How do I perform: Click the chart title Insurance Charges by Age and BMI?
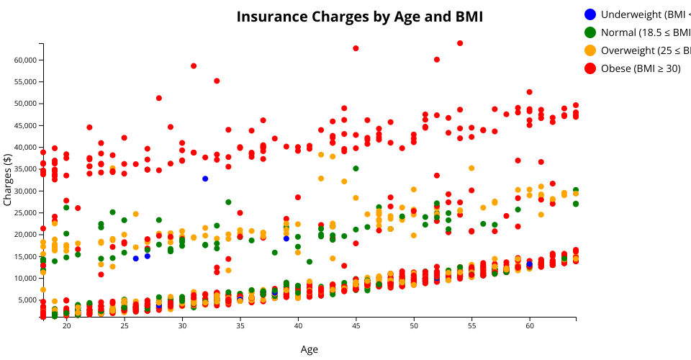click(x=360, y=17)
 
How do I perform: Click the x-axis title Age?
click(x=309, y=350)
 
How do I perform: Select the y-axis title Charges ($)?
click(x=8, y=181)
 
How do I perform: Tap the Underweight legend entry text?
click(x=645, y=14)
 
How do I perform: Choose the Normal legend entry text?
click(x=645, y=32)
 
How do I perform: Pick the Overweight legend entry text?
click(x=645, y=50)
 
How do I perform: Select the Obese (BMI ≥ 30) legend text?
click(x=645, y=68)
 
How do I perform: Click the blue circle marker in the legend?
click(x=590, y=14)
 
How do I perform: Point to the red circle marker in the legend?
click(x=590, y=68)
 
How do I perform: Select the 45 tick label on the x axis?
click(x=356, y=326)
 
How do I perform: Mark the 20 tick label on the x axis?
click(x=66, y=326)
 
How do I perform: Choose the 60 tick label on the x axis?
click(x=530, y=326)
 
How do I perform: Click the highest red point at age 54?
click(x=460, y=43)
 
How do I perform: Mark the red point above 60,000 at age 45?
click(x=356, y=48)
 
